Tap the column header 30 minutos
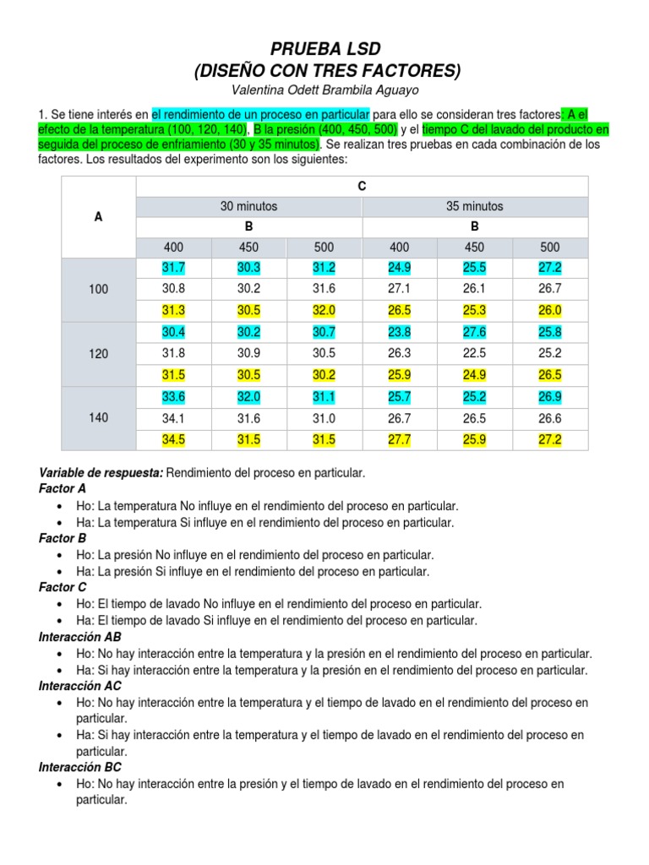click(x=248, y=206)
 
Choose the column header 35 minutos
click(x=474, y=206)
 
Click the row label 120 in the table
click(x=99, y=354)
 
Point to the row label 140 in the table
click(x=99, y=418)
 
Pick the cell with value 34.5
click(x=173, y=439)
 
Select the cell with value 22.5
click(x=474, y=354)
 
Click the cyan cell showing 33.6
click(x=173, y=396)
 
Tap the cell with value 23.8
click(x=399, y=332)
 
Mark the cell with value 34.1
click(x=173, y=418)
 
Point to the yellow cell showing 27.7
click(x=399, y=439)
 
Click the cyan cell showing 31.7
click(x=173, y=268)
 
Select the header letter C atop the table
click(x=362, y=186)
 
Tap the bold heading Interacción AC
click(x=80, y=686)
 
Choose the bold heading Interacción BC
click(x=80, y=767)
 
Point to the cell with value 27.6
click(x=474, y=332)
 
